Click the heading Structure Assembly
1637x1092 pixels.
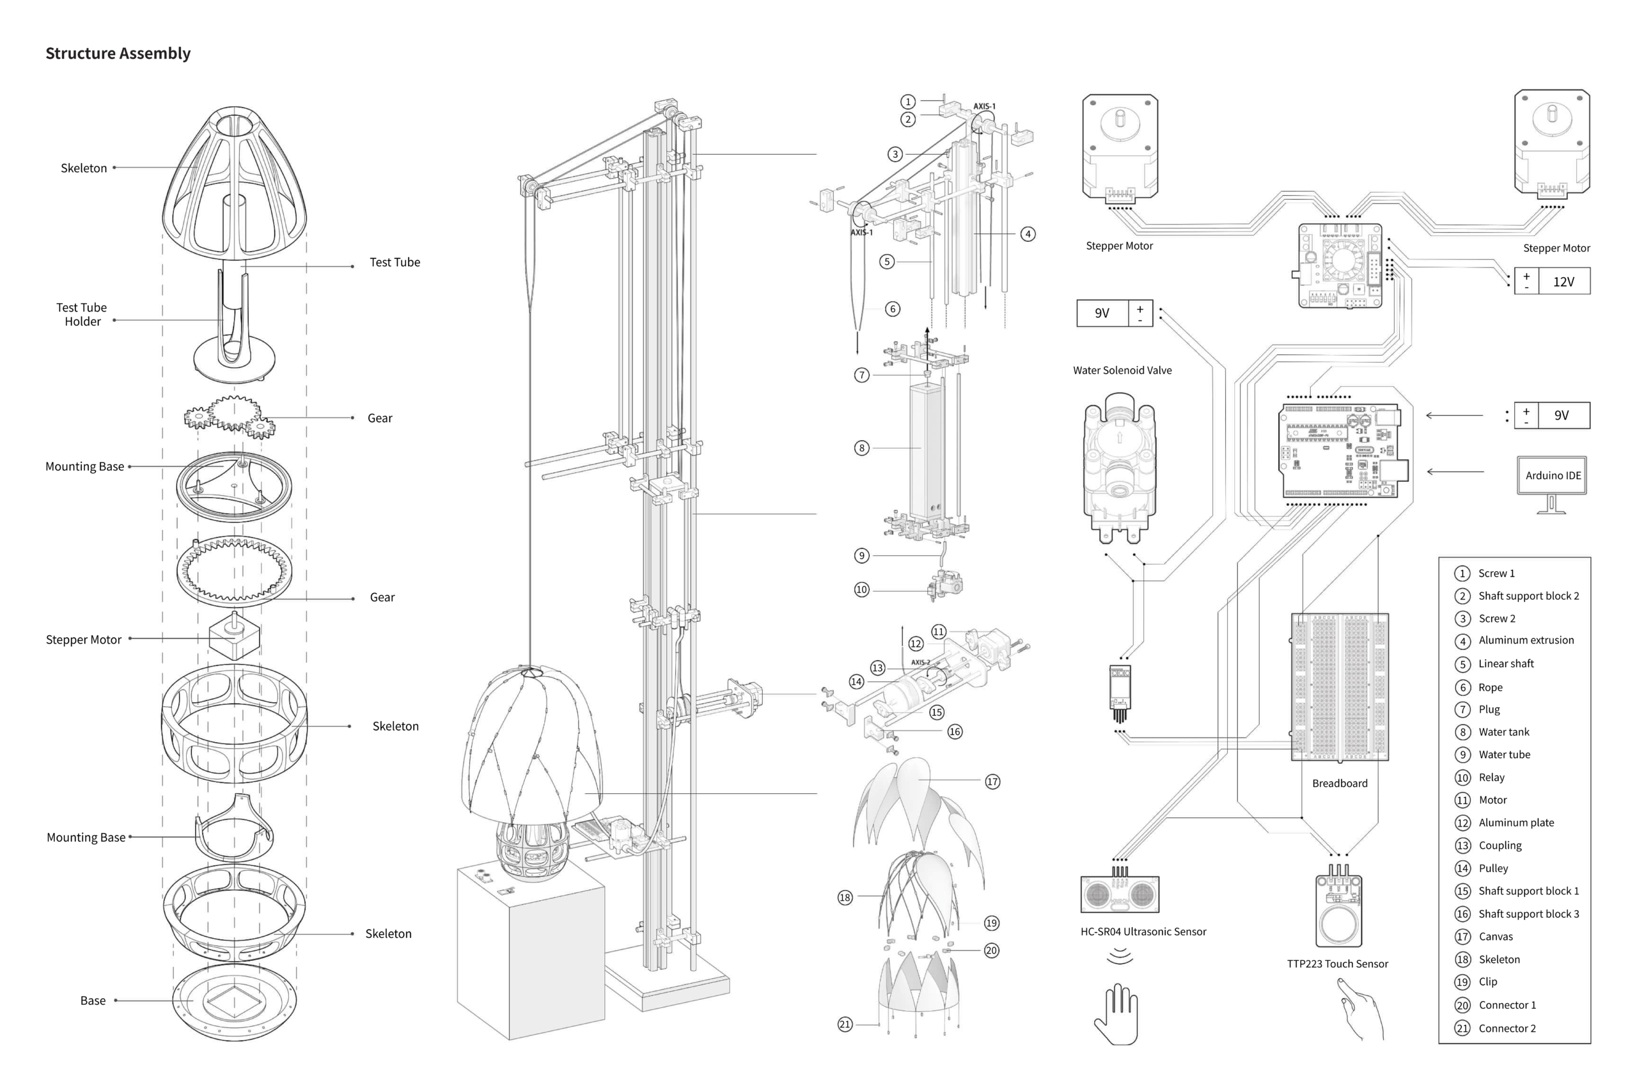[x=118, y=54]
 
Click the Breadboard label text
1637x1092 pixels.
[x=1339, y=784]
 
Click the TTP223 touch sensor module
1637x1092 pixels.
[x=1338, y=909]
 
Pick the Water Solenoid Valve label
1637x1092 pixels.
[x=1122, y=370]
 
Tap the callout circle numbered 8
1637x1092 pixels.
[x=861, y=448]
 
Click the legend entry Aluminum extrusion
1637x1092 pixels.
[x=1526, y=640]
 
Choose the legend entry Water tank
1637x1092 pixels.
[x=1503, y=732]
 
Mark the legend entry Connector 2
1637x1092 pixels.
[x=1507, y=1028]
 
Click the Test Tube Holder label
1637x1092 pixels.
[x=82, y=314]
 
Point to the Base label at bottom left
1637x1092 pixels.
[x=93, y=1001]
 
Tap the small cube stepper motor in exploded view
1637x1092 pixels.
[x=234, y=636]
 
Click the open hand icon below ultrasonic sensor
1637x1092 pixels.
[x=1116, y=1014]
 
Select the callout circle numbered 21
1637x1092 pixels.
[x=845, y=1024]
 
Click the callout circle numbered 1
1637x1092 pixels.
[x=907, y=102]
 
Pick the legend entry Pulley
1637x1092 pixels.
[x=1493, y=869]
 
